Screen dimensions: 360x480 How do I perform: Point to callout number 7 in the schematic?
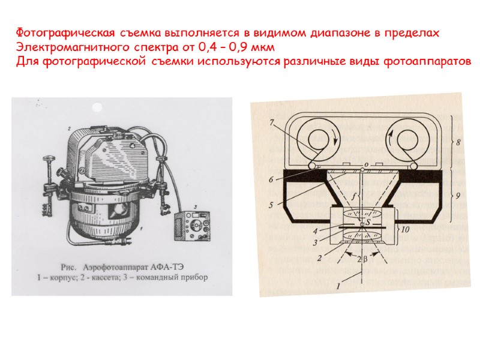tap(272, 122)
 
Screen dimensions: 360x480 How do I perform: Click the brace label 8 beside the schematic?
tap(458, 143)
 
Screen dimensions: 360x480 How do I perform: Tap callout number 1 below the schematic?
tap(337, 287)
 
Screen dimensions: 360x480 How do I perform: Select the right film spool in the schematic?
tap(408, 139)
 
